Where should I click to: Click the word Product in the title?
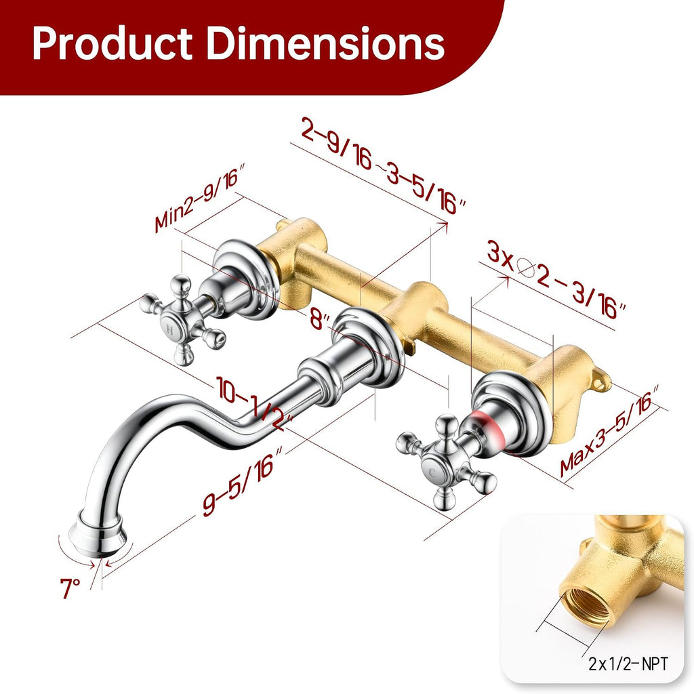(113, 43)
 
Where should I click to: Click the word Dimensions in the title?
(326, 43)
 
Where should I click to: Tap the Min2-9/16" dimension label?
(200, 198)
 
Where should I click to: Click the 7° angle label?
(70, 588)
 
